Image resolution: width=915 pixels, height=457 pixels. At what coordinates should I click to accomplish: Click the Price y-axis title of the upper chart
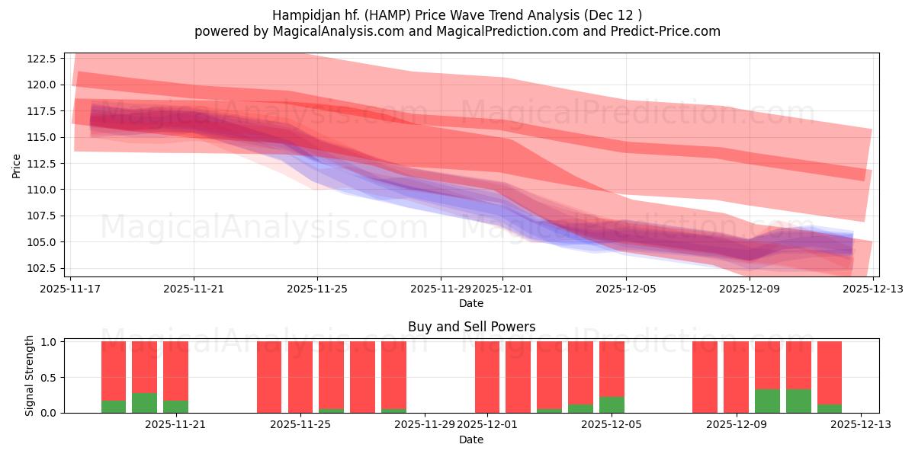coord(17,165)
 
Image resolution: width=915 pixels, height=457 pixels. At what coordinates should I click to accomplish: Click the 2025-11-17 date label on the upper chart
coord(70,289)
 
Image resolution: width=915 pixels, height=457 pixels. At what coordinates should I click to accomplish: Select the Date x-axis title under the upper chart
coord(471,303)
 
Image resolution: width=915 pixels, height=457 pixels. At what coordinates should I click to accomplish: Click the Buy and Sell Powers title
coord(471,327)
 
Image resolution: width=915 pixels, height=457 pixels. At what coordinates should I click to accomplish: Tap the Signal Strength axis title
coord(30,376)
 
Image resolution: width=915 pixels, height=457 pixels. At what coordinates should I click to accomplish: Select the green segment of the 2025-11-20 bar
coord(144,403)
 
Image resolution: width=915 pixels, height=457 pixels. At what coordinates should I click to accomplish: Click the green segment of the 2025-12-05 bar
coord(612,404)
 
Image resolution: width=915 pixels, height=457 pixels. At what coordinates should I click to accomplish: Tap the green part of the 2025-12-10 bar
coord(767,401)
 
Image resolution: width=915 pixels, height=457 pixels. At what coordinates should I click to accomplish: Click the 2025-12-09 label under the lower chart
coord(737,425)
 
